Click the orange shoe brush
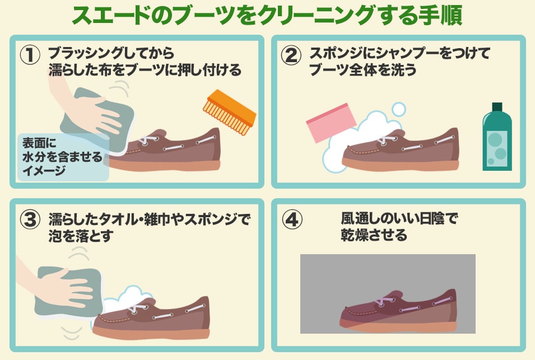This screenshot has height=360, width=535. point(229,112)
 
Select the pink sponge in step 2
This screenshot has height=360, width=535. point(331,123)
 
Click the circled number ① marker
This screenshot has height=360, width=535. point(30,55)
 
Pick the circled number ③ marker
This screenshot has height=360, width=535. point(30,220)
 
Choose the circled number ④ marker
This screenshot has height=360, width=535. point(292,220)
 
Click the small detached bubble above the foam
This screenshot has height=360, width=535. point(398,109)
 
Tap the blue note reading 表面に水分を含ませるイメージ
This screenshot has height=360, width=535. point(63,157)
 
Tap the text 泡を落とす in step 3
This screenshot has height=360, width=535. point(81,236)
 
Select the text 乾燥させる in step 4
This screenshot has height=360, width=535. point(374,235)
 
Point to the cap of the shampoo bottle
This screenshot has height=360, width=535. point(497,106)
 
